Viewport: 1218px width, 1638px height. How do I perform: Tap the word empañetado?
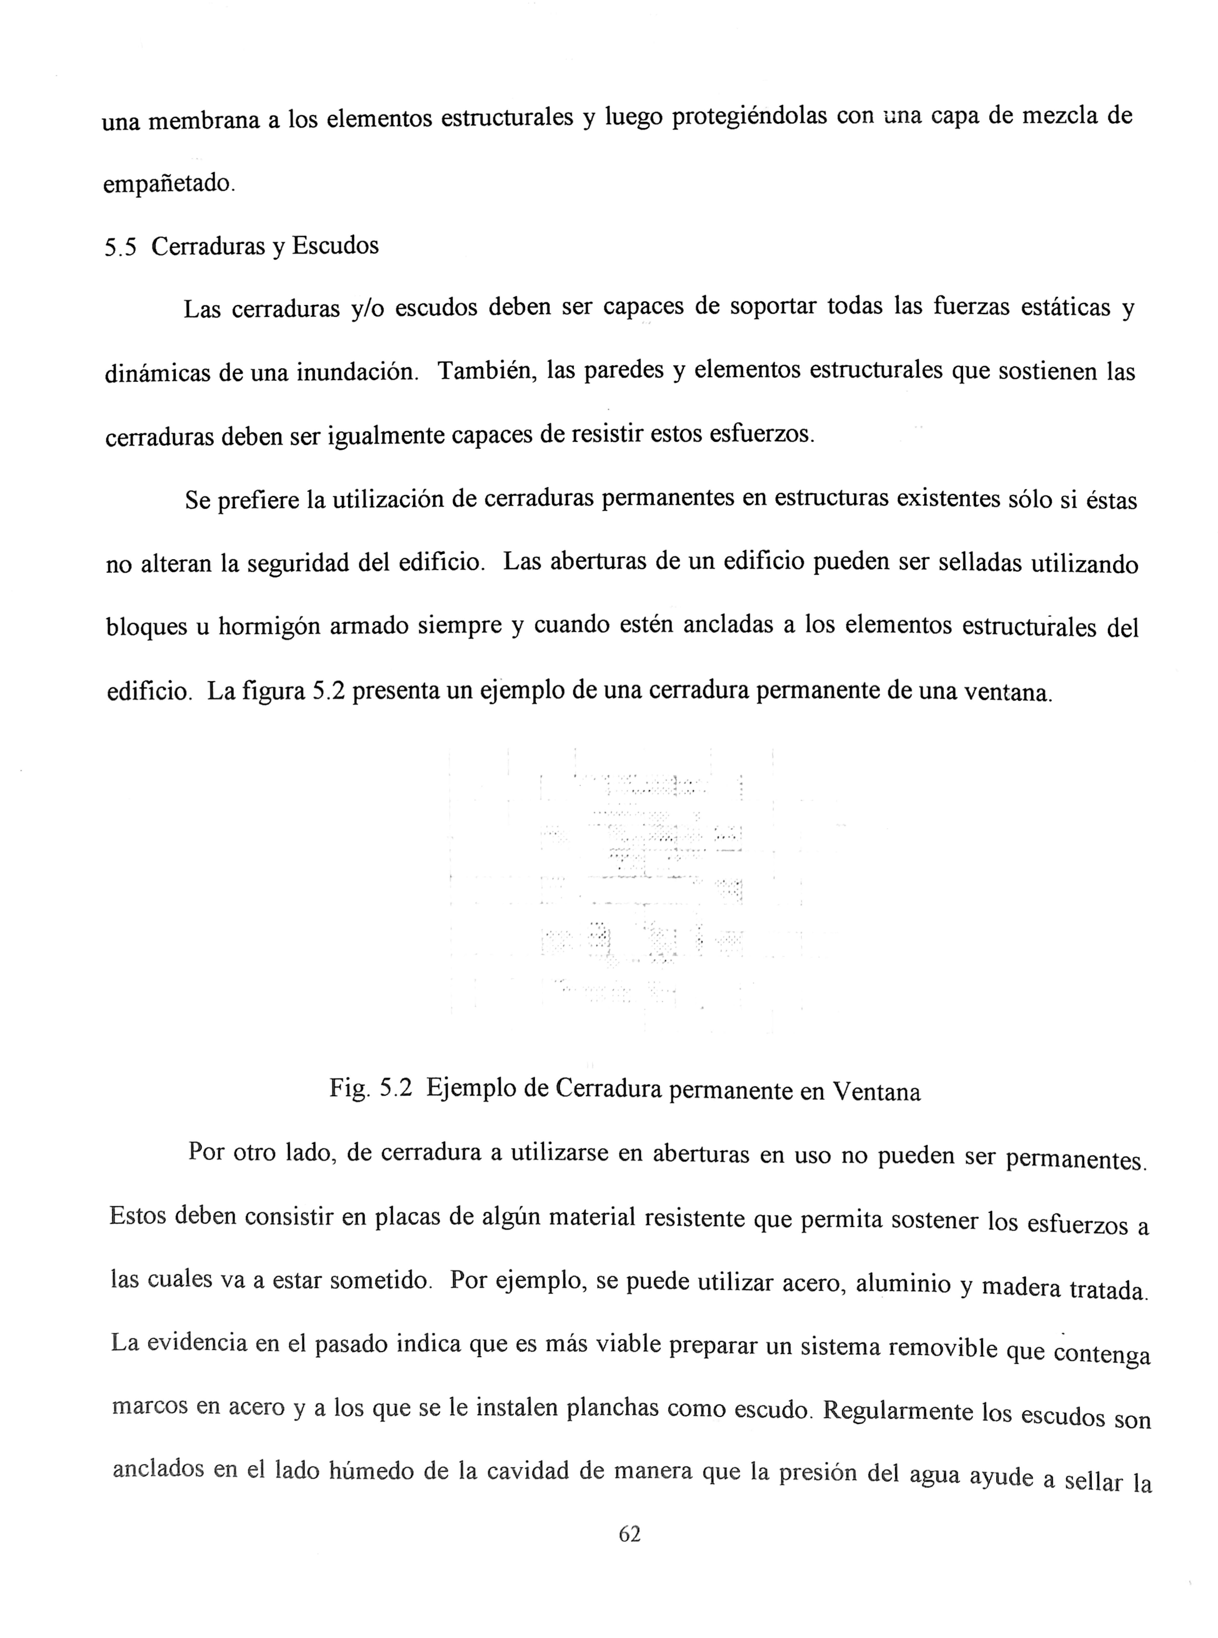tap(168, 183)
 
